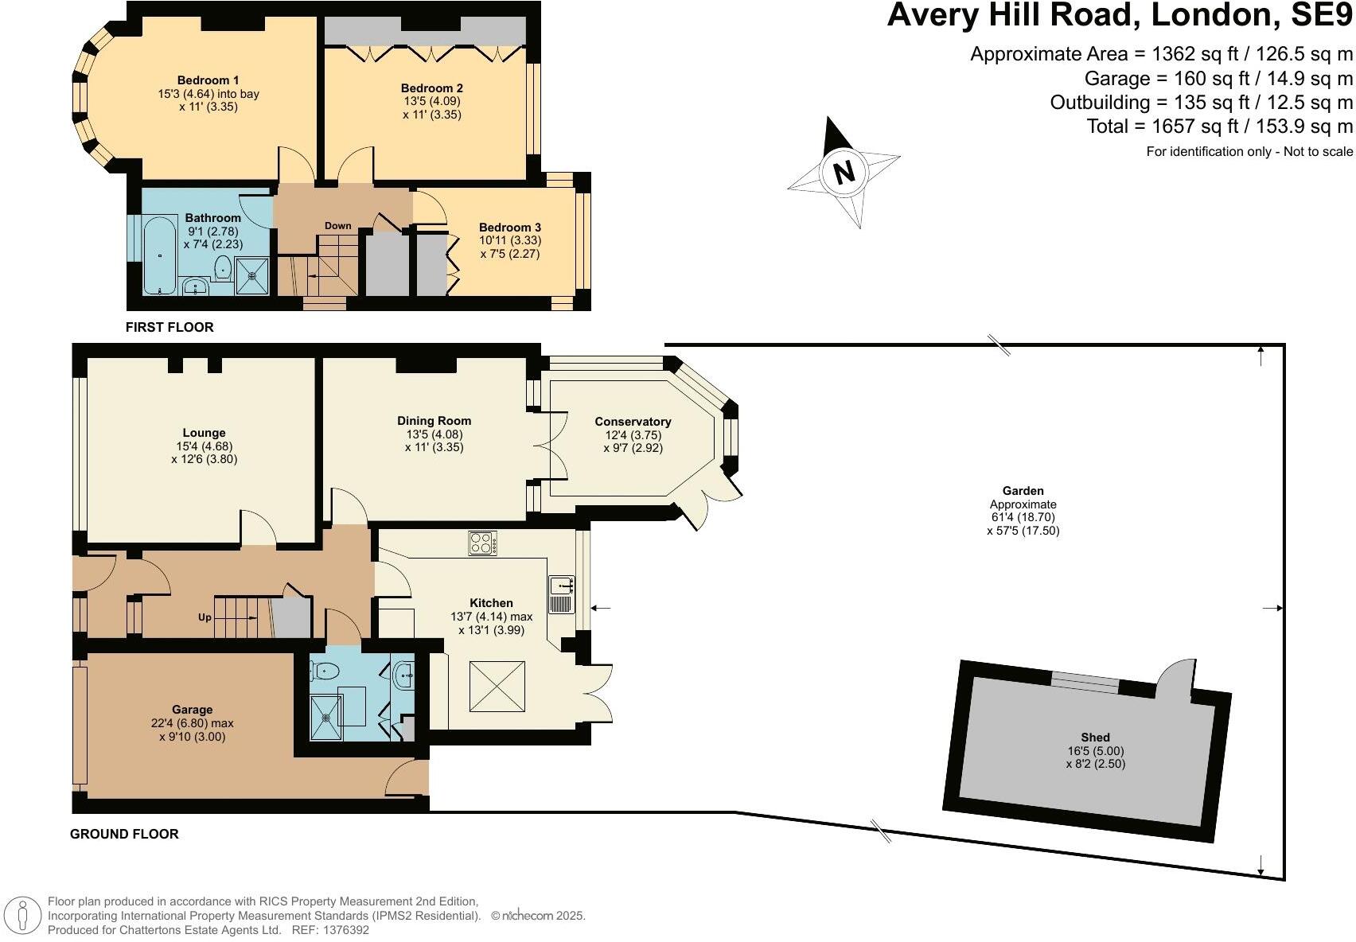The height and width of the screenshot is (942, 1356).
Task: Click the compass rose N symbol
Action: (844, 171)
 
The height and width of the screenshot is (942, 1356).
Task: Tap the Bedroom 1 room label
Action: (208, 80)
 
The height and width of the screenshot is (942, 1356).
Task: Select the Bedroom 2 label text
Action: (431, 88)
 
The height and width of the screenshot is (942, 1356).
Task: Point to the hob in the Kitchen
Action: (482, 543)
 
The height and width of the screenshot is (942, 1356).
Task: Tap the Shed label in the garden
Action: (1095, 738)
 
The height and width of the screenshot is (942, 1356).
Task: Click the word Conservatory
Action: (633, 422)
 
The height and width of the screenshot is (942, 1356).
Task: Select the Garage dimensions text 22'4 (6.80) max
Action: (192, 723)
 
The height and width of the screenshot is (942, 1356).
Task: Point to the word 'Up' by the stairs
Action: (205, 617)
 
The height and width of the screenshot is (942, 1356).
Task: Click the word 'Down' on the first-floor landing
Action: (337, 226)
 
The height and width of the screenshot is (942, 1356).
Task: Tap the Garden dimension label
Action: (1023, 517)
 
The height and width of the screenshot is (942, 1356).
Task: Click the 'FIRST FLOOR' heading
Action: (169, 327)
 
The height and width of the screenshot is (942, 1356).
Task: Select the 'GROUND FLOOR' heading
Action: (124, 834)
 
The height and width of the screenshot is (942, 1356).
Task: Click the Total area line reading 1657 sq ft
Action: (1219, 127)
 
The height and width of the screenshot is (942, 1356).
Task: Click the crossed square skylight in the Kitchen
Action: (497, 687)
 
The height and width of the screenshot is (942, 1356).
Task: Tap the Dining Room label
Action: (434, 421)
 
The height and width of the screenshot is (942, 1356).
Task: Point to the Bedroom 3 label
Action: (509, 228)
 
